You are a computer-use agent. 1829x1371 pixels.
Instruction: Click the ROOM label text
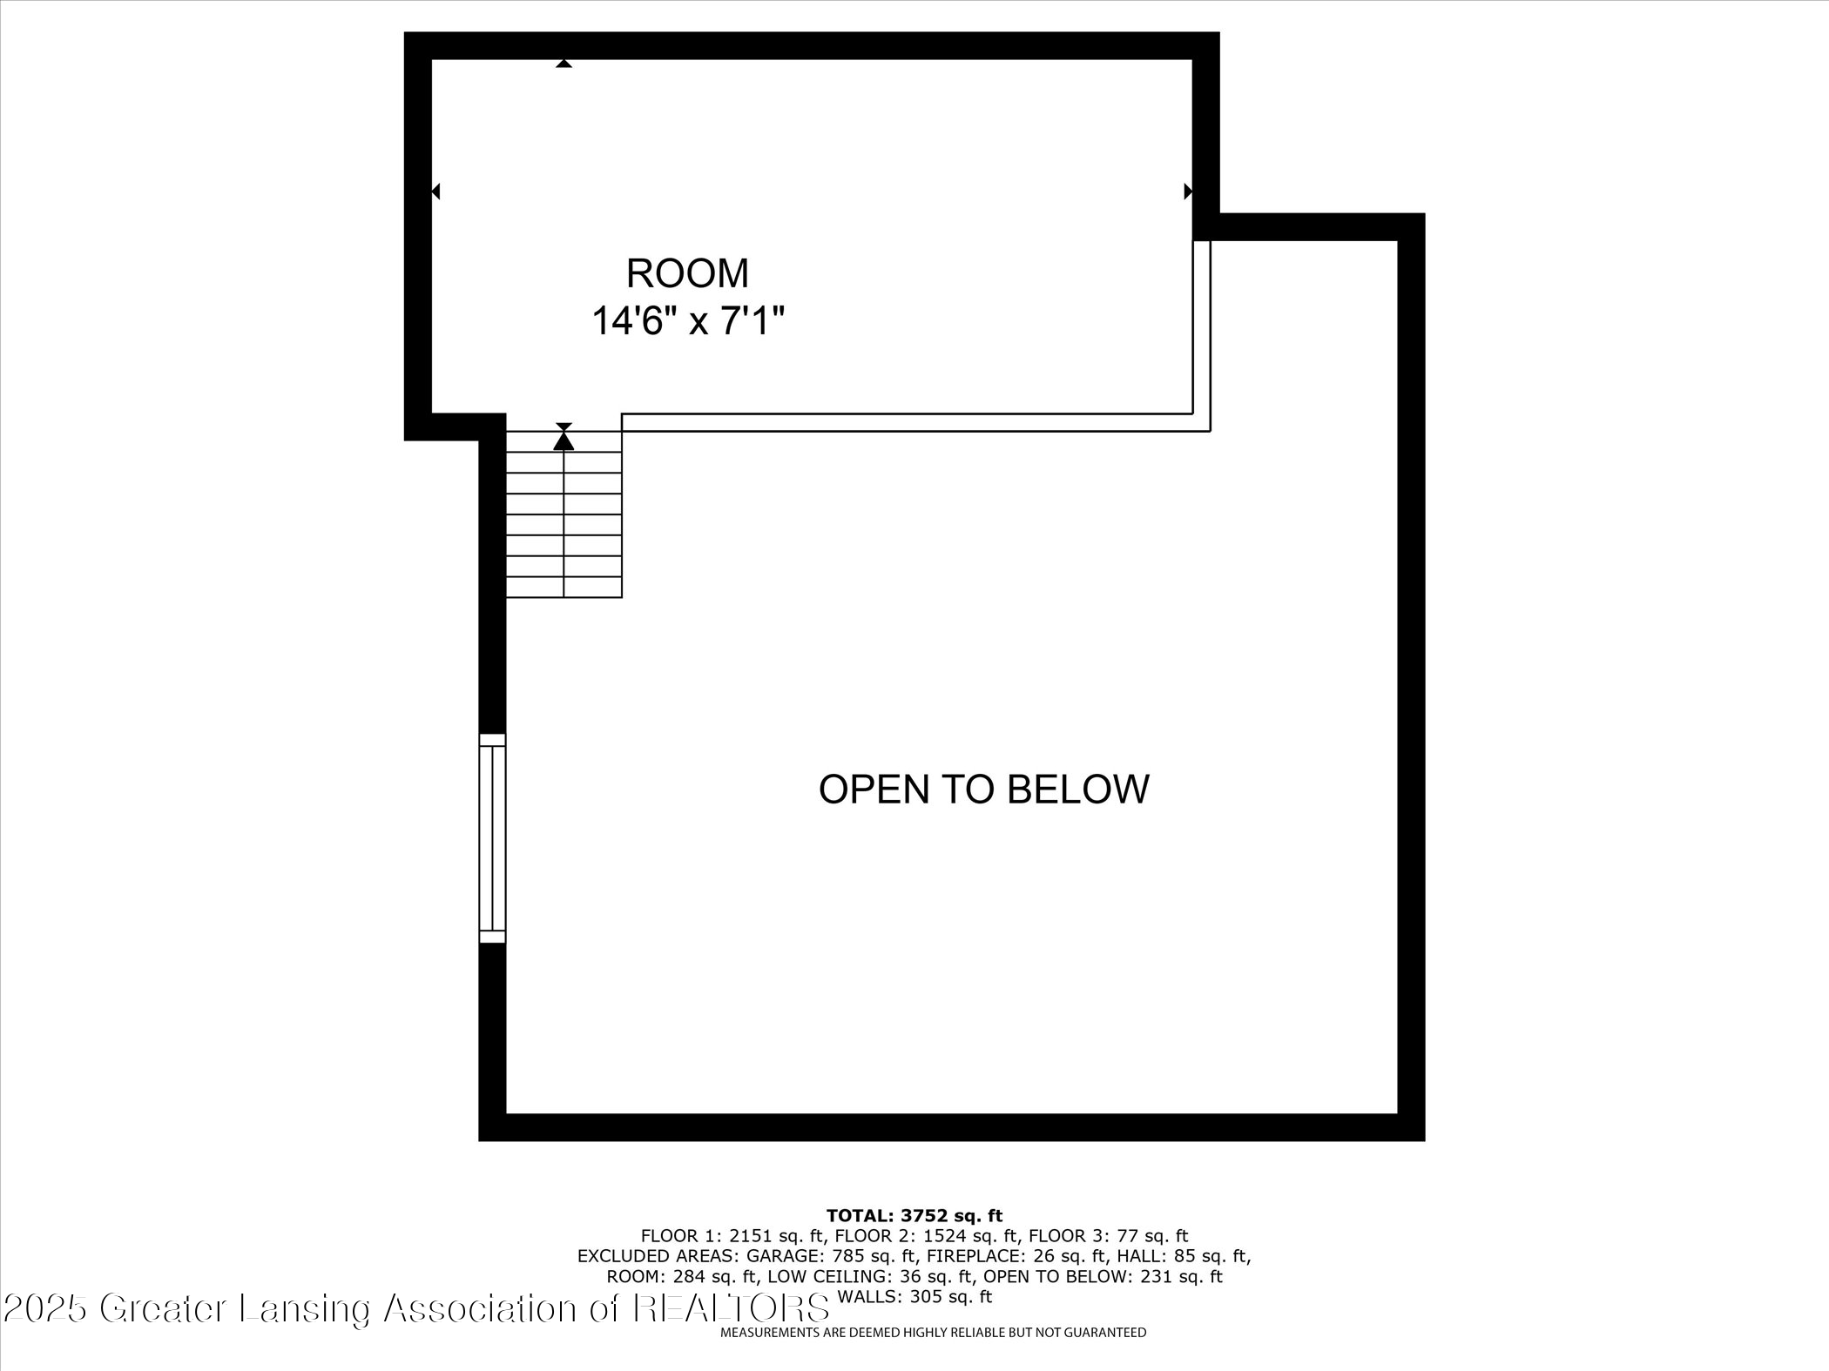point(687,273)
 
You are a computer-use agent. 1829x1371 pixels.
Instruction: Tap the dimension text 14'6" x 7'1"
point(688,321)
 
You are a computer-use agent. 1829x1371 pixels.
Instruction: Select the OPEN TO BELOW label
point(983,789)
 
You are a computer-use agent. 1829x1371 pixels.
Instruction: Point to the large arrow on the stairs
point(564,440)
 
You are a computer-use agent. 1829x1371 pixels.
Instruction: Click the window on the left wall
point(492,838)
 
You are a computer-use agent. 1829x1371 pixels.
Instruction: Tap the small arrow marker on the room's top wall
point(564,64)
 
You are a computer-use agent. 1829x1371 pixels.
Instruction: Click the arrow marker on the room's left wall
point(436,192)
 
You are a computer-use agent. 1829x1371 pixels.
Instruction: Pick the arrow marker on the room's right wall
point(1187,192)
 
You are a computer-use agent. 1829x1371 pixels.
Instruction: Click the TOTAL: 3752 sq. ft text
point(914,1216)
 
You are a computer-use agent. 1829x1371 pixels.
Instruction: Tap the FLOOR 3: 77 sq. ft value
point(1108,1236)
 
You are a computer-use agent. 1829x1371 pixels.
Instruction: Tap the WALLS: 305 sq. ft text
point(914,1297)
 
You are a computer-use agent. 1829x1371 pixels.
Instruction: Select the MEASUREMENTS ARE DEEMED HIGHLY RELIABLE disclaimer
point(933,1333)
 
